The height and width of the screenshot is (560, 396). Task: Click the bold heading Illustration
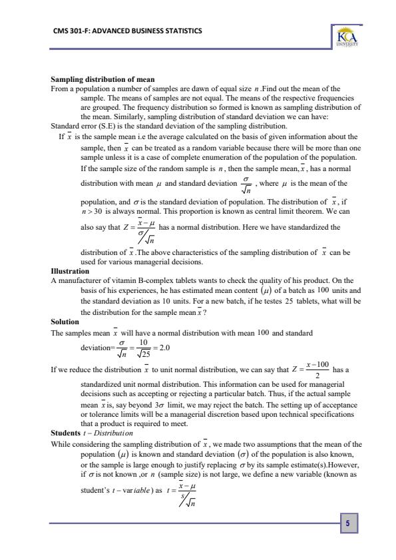[x=70, y=272]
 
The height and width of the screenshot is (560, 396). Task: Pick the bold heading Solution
[x=65, y=321]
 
